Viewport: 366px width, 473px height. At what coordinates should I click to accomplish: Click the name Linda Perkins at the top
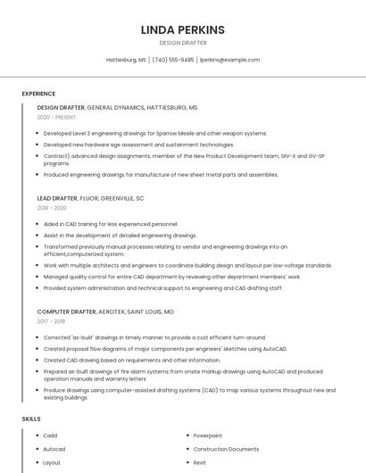(182, 29)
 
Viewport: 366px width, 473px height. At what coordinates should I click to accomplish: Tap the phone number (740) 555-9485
(172, 60)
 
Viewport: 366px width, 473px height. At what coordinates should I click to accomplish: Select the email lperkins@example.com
(229, 60)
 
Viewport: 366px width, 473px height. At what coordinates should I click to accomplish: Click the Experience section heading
(38, 94)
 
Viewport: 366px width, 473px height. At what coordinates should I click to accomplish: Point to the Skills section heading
(31, 419)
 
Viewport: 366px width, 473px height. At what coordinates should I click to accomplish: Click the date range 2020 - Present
(56, 117)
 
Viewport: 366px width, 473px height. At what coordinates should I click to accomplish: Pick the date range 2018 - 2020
(52, 207)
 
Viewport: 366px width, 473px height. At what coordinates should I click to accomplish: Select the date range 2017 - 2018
(51, 321)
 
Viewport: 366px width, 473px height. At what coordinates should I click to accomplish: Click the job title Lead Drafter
(57, 197)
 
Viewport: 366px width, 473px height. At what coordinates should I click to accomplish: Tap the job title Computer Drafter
(67, 311)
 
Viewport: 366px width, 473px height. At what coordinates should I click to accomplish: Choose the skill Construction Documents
(226, 449)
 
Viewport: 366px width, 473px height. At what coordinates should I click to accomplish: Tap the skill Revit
(200, 463)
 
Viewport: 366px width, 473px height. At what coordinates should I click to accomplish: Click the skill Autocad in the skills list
(54, 449)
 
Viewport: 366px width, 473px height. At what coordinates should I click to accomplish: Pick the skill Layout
(52, 463)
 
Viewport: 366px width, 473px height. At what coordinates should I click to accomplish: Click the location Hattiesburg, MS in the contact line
(126, 60)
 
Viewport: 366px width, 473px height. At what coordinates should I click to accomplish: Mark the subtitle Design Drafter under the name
(182, 43)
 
